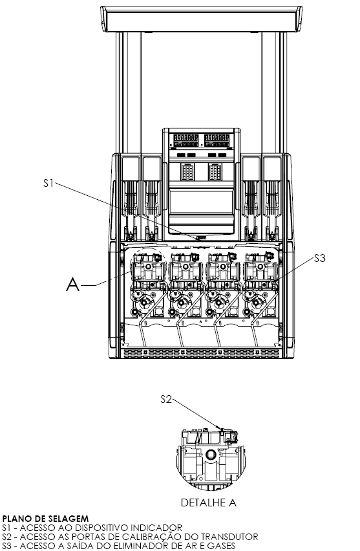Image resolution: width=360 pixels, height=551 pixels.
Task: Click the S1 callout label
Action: pos(48,183)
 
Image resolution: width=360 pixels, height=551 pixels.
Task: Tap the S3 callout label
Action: pos(320,258)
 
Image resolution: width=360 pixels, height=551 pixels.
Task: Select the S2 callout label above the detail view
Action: pos(166,399)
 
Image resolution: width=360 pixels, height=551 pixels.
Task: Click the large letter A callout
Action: pos(72,285)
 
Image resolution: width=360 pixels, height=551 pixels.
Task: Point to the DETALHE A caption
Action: pos(208,503)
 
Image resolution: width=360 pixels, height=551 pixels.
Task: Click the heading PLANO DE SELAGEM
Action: pos(45,519)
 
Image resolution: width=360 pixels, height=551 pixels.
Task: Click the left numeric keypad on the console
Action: pos(187,172)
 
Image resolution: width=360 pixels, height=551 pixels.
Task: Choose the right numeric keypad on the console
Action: pos(215,172)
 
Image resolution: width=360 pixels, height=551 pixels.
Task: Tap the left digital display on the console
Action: pos(186,140)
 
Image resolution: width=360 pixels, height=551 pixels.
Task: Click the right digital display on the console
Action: pos(217,140)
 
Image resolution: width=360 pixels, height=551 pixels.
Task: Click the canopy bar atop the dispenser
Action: pos(201,19)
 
